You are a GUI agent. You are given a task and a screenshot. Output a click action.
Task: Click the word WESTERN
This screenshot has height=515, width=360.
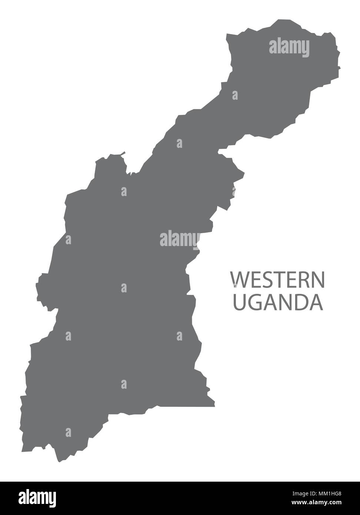[277, 280]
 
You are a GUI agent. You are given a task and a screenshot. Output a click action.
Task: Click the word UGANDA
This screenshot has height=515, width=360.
[277, 302]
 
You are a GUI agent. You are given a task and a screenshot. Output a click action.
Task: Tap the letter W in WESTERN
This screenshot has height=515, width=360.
[239, 280]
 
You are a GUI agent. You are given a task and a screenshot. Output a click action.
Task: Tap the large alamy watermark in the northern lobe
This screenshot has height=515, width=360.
[289, 47]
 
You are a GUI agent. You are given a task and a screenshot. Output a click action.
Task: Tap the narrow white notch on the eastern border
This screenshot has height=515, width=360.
[221, 151]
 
